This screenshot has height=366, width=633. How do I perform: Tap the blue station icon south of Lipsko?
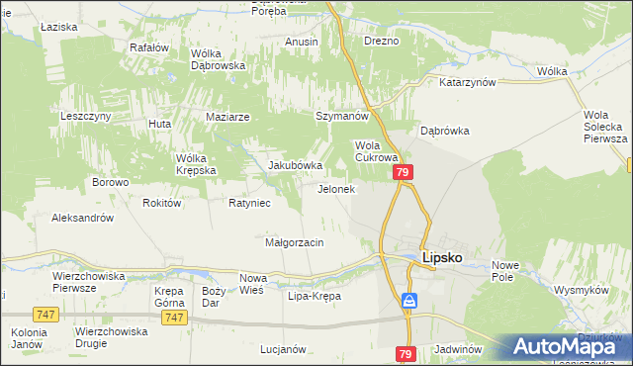coord(408,301)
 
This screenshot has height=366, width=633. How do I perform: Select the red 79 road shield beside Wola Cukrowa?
coord(404,173)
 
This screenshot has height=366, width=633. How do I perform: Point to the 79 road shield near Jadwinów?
coord(406,353)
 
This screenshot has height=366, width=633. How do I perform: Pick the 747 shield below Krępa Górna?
coord(175,317)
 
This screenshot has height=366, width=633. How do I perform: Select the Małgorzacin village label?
coord(294,241)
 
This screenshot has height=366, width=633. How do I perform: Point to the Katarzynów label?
coord(467,83)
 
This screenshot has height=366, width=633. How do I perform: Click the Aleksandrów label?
coord(83,218)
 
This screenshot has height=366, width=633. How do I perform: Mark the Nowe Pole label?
coord(505,270)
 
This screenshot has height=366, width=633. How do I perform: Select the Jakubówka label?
coord(296,165)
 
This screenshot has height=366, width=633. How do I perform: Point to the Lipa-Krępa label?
coord(314,296)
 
